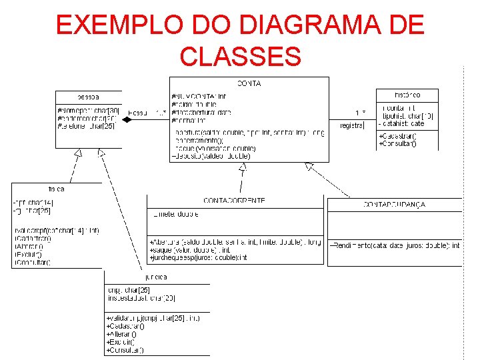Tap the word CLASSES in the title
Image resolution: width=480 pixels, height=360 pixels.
click(x=240, y=57)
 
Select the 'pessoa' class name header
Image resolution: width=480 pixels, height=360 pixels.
click(x=89, y=95)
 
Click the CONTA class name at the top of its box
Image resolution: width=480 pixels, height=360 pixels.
click(x=249, y=83)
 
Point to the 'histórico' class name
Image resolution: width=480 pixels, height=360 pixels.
click(x=406, y=95)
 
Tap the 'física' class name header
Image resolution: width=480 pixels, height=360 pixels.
click(x=55, y=189)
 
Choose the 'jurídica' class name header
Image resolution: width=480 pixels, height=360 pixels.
click(x=155, y=276)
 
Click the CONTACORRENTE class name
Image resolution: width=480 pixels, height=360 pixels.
click(x=234, y=200)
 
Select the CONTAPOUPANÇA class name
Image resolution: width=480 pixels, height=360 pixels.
click(x=394, y=205)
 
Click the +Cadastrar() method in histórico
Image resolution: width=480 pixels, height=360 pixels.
click(x=398, y=136)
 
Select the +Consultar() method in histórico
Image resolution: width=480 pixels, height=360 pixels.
click(x=397, y=143)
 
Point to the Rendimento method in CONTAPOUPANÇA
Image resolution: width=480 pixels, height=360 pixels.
click(x=395, y=245)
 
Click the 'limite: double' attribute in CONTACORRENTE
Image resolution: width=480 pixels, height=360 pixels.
click(x=175, y=214)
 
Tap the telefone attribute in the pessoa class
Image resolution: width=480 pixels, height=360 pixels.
click(x=87, y=125)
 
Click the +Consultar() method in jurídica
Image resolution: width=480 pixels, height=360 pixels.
click(x=125, y=349)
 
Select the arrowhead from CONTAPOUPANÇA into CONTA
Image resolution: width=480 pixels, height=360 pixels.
click(x=309, y=166)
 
